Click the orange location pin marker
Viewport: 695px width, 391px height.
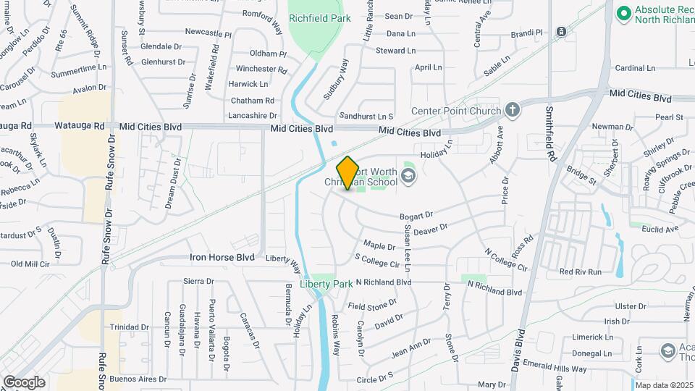pos(348,173)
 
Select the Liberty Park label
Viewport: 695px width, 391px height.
pos(327,284)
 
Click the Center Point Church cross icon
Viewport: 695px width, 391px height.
pos(513,110)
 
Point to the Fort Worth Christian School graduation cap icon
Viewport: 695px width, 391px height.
pos(408,176)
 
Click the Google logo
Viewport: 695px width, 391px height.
pos(24,382)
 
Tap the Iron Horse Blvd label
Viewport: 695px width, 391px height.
pos(222,257)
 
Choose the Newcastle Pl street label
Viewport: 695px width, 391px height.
pos(208,33)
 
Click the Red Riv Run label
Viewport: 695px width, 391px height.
pos(581,272)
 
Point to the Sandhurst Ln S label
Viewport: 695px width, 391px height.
pos(366,116)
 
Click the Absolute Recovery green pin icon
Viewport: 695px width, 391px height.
pos(623,13)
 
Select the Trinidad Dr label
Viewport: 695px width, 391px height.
pos(130,327)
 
